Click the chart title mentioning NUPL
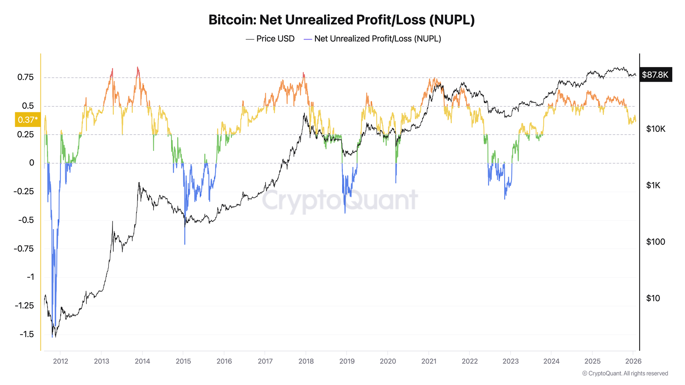[341, 20]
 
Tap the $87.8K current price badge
[655, 75]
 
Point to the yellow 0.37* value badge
[28, 120]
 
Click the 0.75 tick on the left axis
[26, 77]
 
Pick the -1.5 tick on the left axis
[27, 334]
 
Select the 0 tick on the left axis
[32, 163]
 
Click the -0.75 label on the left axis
[24, 248]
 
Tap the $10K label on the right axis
[656, 129]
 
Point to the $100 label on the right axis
[656, 242]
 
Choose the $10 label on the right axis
[653, 298]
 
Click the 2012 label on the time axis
[61, 361]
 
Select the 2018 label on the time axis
[306, 361]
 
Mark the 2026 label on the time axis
[633, 361]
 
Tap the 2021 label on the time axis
[428, 361]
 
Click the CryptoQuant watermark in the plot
[340, 200]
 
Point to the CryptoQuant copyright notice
[625, 373]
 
